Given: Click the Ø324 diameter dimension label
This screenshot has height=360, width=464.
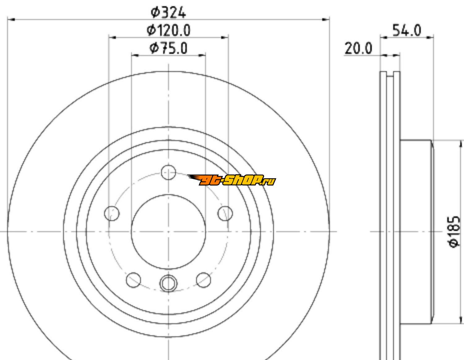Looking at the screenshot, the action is [x=168, y=13].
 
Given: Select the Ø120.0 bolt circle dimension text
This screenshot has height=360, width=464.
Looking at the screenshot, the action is [x=168, y=30].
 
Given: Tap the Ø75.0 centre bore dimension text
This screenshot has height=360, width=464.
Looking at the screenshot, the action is [x=168, y=48].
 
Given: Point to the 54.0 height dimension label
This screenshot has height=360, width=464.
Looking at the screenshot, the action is [x=407, y=31].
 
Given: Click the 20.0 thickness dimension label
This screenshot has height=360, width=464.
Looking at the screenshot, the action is [x=358, y=49].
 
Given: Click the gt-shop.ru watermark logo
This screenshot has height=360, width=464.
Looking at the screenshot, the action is [x=231, y=180].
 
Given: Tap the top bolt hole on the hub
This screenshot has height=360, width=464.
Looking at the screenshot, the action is [x=169, y=172].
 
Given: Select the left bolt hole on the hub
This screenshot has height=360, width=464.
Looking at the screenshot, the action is [x=112, y=214].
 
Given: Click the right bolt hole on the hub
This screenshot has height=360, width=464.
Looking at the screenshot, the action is [x=225, y=214].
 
